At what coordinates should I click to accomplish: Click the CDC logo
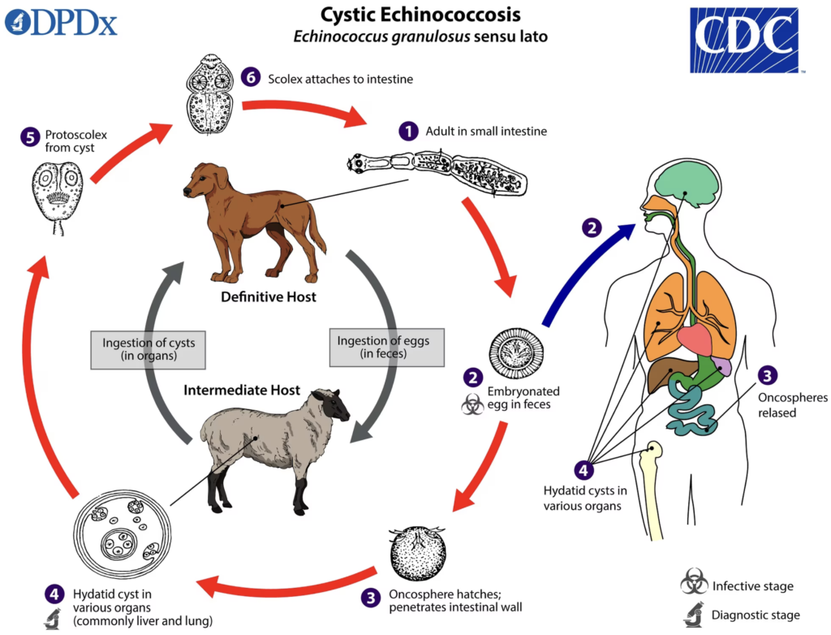pyautogui.click(x=743, y=41)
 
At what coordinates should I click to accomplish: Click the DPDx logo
pyautogui.click(x=61, y=24)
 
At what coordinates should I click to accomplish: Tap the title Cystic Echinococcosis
pyautogui.click(x=421, y=15)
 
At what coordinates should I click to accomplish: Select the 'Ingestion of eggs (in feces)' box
pyautogui.click(x=387, y=348)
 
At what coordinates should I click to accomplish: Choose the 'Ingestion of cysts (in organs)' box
pyautogui.click(x=149, y=350)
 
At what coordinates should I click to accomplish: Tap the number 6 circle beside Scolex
pyautogui.click(x=251, y=77)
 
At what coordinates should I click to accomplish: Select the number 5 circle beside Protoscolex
pyautogui.click(x=30, y=137)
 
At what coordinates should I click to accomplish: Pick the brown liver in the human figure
pyautogui.click(x=664, y=374)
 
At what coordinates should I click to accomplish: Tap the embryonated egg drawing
pyautogui.click(x=515, y=352)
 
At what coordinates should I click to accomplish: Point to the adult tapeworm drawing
pyautogui.click(x=437, y=171)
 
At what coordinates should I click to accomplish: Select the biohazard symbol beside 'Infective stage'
pyautogui.click(x=694, y=582)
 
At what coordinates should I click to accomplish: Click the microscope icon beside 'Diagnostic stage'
pyautogui.click(x=694, y=615)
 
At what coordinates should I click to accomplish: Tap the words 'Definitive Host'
pyautogui.click(x=268, y=297)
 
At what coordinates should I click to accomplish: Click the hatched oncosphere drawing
pyautogui.click(x=418, y=554)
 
